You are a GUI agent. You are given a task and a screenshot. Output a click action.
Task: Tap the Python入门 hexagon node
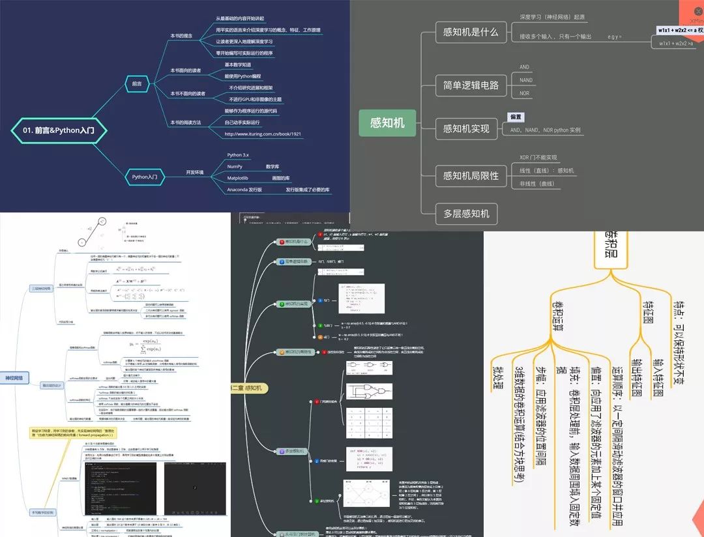point(144,176)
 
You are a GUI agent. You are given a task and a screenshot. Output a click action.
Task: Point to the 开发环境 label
point(195,172)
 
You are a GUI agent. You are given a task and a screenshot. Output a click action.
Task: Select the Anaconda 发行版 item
point(244,190)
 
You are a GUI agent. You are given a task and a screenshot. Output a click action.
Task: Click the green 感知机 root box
point(387,122)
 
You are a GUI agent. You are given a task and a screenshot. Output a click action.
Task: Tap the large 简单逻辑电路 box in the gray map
point(470,84)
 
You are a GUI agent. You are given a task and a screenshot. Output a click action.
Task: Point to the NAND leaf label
point(525,80)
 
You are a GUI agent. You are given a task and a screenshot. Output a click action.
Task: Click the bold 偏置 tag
point(516,117)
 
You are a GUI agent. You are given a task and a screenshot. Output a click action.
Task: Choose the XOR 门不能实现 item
point(538,157)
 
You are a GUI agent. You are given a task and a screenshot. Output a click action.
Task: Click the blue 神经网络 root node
point(14,378)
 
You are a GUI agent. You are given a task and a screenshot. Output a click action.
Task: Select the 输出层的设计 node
point(51,385)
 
